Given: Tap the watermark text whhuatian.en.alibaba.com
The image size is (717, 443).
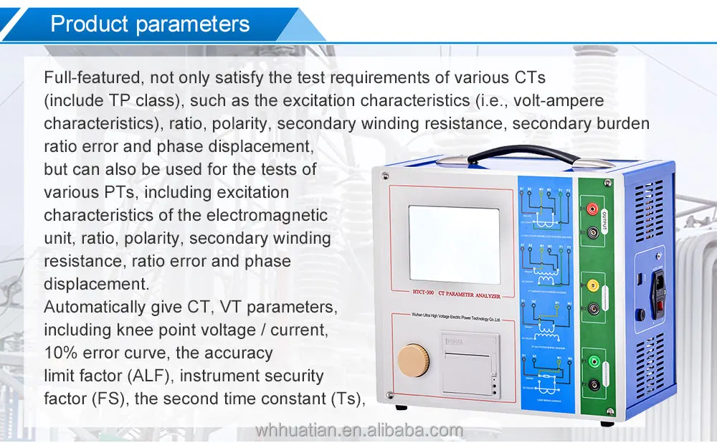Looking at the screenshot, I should click(360, 430).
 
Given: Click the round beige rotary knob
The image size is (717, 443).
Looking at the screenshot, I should click(412, 357).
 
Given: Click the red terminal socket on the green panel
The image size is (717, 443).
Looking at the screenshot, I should click(594, 209).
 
